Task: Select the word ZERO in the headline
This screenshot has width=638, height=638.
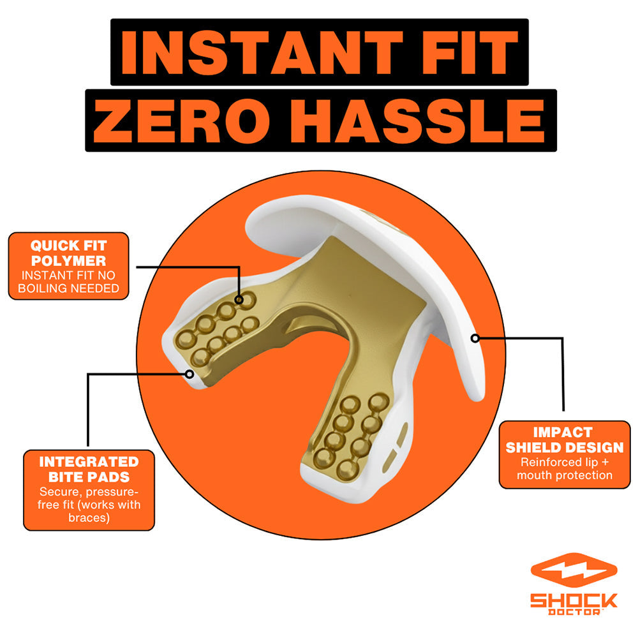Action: tap(182, 121)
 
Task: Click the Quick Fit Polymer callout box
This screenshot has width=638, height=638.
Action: tap(68, 266)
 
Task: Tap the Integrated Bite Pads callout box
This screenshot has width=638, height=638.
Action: tap(89, 490)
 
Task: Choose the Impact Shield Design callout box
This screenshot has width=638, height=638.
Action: tap(565, 454)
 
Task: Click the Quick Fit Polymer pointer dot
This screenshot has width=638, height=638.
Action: tap(239, 300)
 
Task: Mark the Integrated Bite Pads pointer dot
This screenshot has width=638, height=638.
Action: tap(189, 373)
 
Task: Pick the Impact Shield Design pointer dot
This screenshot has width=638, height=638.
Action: tap(475, 338)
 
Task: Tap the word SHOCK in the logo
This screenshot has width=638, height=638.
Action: tap(574, 600)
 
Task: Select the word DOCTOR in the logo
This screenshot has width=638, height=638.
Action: tap(574, 612)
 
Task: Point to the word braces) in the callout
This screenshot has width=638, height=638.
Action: tap(89, 517)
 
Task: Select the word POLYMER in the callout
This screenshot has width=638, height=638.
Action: tap(68, 261)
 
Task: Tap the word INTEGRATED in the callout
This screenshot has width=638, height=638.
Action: tap(89, 462)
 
